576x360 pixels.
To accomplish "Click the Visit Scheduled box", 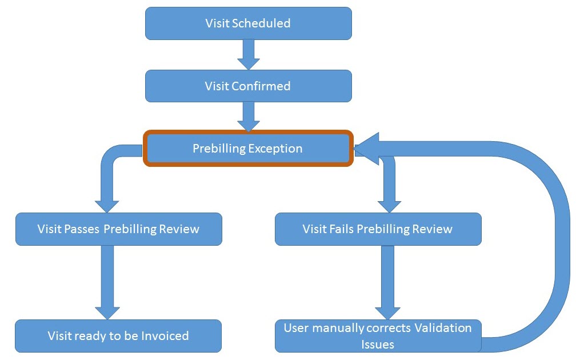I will pyautogui.click(x=248, y=23).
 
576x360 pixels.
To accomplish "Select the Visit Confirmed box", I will pyautogui.click(x=248, y=86).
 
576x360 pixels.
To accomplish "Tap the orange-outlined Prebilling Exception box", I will pyautogui.click(x=248, y=149).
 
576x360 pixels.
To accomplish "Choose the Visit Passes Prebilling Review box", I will pyautogui.click(x=118, y=229).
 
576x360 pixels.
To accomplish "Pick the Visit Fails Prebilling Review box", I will pyautogui.click(x=378, y=229).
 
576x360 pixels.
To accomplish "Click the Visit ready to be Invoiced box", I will pyautogui.click(x=118, y=336).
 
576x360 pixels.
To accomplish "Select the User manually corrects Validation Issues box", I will pyautogui.click(x=378, y=336).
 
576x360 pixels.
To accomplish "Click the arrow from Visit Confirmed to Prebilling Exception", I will pyautogui.click(x=248, y=117).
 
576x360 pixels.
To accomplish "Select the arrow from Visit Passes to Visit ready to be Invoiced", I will pyautogui.click(x=107, y=282).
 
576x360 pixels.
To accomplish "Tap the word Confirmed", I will pyautogui.click(x=261, y=86).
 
